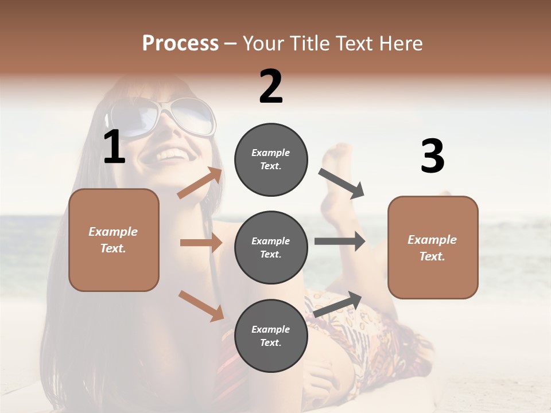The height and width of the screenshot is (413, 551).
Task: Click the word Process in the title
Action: pyautogui.click(x=180, y=43)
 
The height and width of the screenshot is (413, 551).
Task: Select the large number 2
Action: pyautogui.click(x=271, y=87)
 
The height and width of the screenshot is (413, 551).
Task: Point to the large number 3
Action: pyautogui.click(x=432, y=156)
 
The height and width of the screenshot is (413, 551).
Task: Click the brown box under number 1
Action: pyautogui.click(x=114, y=240)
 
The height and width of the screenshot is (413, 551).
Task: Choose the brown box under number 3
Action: pyautogui.click(x=433, y=247)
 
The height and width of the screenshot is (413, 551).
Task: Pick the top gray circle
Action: pyautogui.click(x=271, y=159)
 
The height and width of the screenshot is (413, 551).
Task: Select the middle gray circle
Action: pyautogui.click(x=271, y=247)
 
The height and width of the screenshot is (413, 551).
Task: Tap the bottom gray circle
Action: pyautogui.click(x=271, y=336)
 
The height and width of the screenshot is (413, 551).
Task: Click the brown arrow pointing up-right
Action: pyautogui.click(x=200, y=183)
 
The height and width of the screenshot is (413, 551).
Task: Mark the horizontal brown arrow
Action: pyautogui.click(x=201, y=243)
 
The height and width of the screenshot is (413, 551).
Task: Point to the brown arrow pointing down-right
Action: pyautogui.click(x=201, y=306)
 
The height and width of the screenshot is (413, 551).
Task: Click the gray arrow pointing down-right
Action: pyautogui.click(x=341, y=184)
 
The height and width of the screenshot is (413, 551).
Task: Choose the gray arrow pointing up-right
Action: pyautogui.click(x=338, y=303)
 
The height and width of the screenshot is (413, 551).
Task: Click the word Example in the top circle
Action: pyautogui.click(x=270, y=153)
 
